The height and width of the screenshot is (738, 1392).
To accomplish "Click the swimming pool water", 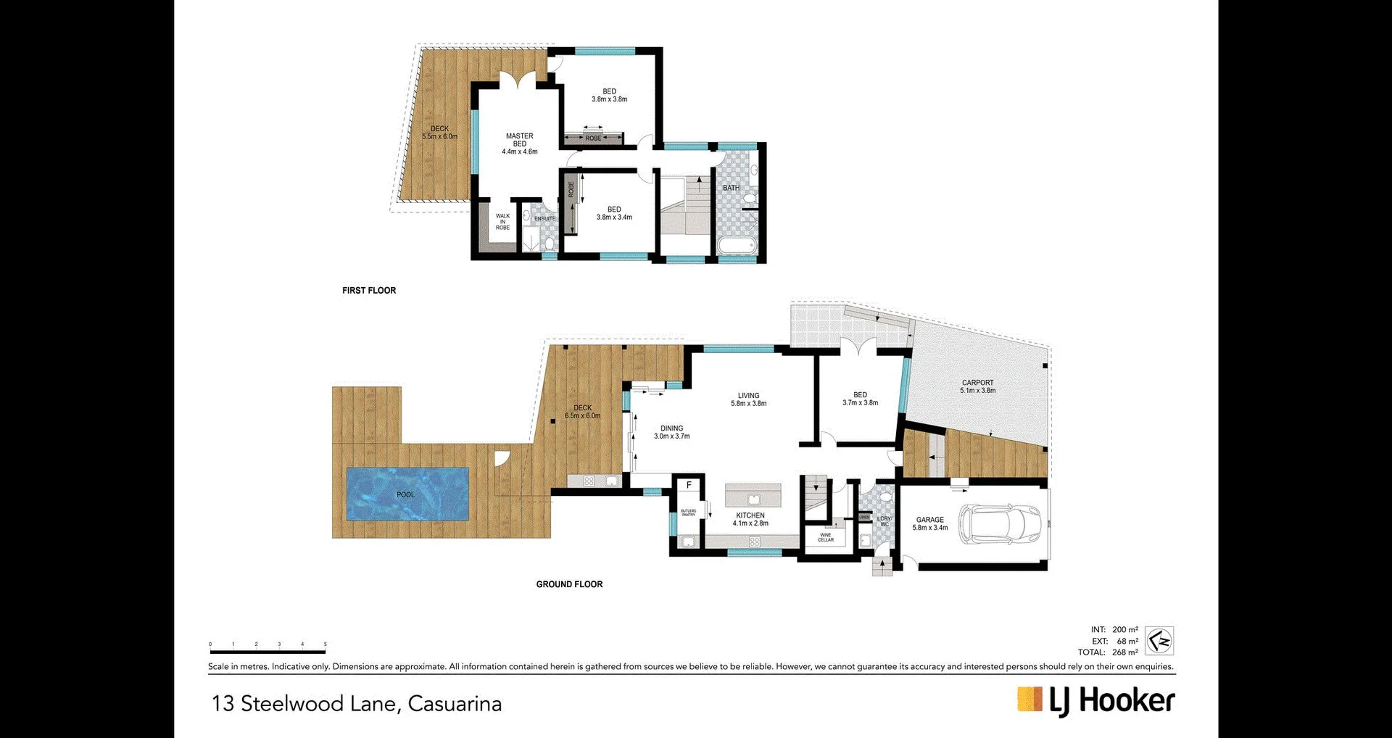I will point(407,494).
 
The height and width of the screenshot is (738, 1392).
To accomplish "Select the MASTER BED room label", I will point(520,144).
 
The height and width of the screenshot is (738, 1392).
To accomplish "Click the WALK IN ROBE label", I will point(502,222).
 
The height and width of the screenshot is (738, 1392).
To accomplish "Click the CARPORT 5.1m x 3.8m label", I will point(977,386).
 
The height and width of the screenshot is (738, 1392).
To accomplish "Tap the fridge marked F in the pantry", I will point(689,485).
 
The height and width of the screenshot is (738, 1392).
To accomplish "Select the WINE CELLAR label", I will point(826,537).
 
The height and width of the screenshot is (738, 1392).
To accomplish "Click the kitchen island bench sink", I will point(753,499).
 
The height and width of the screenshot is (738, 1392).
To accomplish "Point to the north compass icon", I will point(1159,641).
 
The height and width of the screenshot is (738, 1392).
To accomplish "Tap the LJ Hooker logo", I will point(1095,701).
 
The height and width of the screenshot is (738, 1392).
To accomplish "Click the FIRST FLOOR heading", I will point(369,290).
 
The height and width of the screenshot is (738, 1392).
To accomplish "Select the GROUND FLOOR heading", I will point(569,584).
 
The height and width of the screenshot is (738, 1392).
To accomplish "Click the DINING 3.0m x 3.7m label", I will point(671,432).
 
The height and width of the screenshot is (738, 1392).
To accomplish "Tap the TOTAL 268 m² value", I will point(1124,652).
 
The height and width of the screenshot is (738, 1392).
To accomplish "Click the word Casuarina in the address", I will point(455,704).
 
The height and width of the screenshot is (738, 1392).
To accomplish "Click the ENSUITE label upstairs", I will point(544,219).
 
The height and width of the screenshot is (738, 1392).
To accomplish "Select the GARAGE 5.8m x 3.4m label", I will point(929,523).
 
